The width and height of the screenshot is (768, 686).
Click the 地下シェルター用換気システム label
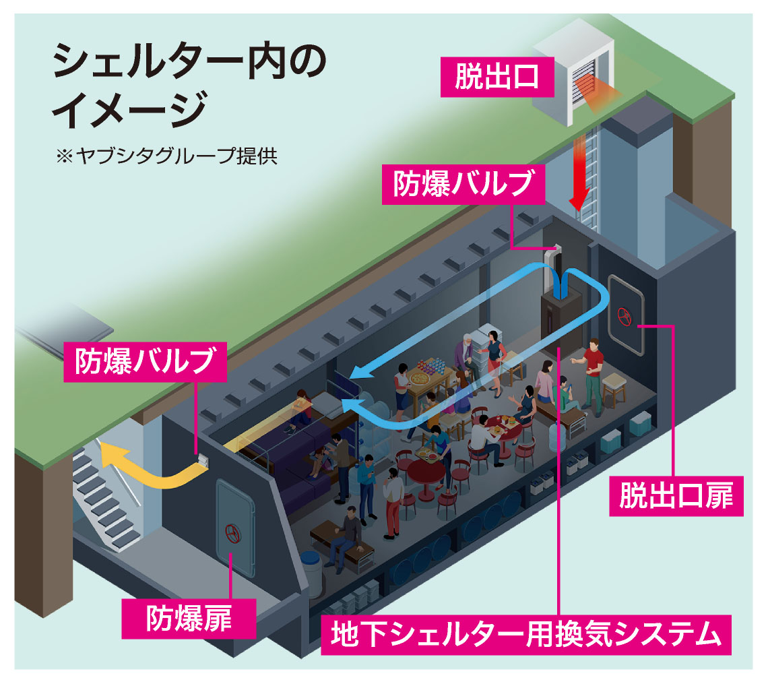click(x=523, y=634)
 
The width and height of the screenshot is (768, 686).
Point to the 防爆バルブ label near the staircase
click(x=145, y=362)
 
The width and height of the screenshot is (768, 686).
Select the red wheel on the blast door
click(x=233, y=533)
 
